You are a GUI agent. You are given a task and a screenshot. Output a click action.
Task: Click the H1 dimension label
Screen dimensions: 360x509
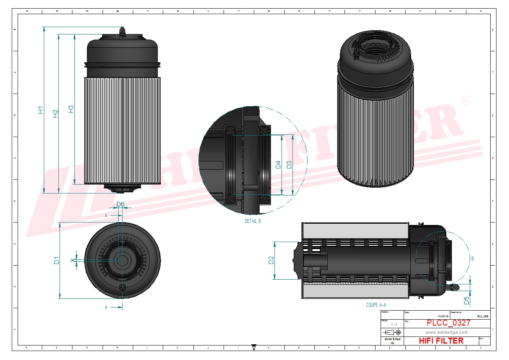coord(41,110)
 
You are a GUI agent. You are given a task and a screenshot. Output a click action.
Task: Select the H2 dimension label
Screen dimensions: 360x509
coord(56,113)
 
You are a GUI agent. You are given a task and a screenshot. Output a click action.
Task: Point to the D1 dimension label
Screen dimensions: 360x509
coord(57,260)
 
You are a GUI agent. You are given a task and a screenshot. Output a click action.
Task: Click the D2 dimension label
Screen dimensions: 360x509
coord(271,260)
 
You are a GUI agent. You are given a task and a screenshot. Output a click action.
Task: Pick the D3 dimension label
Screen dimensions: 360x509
coord(289,165)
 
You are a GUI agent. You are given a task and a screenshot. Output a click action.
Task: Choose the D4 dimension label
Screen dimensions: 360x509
coord(278,165)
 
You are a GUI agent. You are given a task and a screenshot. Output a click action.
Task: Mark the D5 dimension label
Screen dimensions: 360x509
coord(466,301)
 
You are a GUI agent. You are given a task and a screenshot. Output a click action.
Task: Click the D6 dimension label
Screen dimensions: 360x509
coord(121,204)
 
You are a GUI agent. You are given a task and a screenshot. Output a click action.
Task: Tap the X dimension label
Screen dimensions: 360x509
coord(72,261)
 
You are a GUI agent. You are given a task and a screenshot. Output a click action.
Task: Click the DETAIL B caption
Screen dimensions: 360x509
coord(253,221)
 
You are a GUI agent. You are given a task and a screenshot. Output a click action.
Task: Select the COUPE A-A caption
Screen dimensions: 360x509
coord(376,305)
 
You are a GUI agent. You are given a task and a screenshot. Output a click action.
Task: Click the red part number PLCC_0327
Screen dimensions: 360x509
coord(448,323)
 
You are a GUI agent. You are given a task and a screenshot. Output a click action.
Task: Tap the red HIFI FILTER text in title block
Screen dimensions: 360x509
coord(441,341)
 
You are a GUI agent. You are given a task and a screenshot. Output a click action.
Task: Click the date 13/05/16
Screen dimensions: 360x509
coord(443,316)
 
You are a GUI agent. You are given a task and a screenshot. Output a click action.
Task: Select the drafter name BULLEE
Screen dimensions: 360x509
coord(483,316)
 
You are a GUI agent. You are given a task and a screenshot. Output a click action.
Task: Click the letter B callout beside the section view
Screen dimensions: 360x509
coord(473,259)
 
